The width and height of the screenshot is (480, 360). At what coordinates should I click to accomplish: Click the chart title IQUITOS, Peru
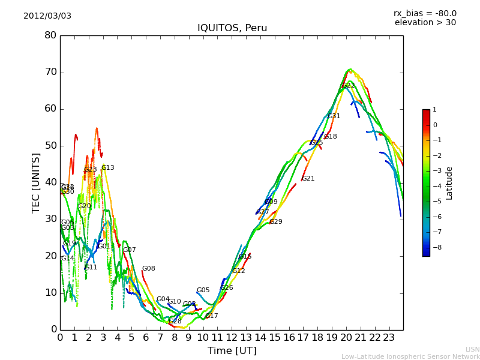point(232,28)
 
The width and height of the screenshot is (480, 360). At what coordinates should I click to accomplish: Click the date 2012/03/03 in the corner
point(47,16)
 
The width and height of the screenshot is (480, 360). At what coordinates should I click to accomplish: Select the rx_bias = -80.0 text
point(425,13)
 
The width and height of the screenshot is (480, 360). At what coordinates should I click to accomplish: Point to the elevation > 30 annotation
point(425,23)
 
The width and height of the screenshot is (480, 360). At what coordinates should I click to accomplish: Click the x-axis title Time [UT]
point(232,350)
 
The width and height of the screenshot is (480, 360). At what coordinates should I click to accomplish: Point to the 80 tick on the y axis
point(50,35)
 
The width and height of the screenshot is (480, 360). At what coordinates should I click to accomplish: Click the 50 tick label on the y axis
point(50,146)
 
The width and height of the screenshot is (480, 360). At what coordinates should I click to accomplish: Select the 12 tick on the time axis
point(232,337)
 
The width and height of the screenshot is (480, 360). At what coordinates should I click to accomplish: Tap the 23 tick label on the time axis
point(389,337)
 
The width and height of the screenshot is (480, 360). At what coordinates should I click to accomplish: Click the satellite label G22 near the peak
point(348,86)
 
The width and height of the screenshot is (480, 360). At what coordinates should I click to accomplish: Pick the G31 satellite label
point(334,116)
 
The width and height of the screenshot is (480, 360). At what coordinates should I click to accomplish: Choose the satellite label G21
point(308,179)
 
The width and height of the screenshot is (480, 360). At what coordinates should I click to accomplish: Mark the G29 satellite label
point(275,222)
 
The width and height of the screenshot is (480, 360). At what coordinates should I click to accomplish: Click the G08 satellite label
point(148,269)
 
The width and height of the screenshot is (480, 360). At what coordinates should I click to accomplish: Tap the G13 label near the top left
point(107,168)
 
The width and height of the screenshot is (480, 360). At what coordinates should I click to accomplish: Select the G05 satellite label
point(203,290)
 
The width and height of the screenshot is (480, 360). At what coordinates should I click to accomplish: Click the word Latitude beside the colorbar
point(449,183)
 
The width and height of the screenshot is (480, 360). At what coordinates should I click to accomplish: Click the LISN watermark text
point(472,349)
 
